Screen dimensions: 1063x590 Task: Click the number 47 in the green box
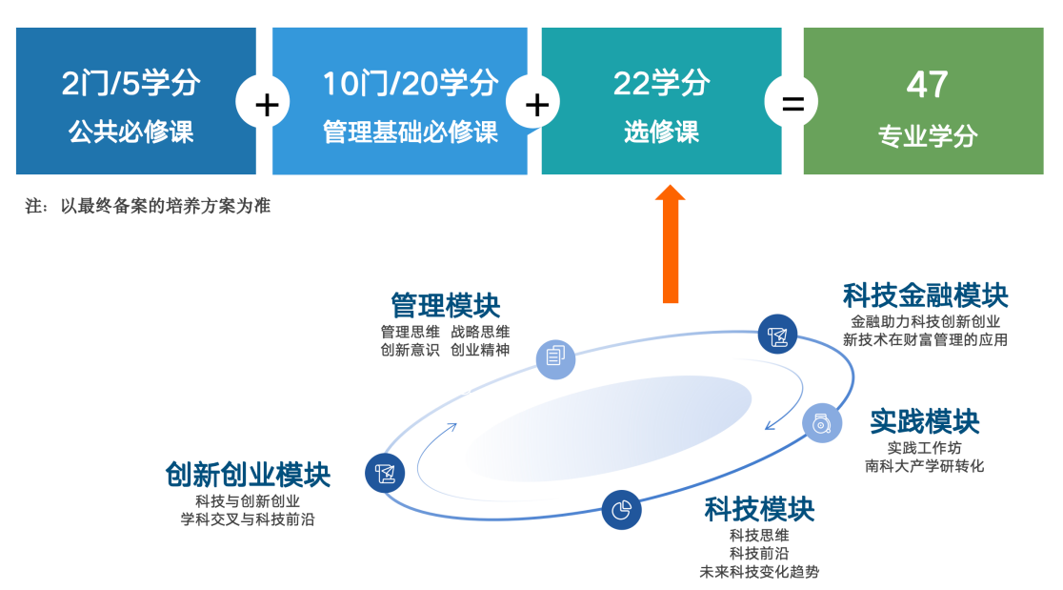click(x=927, y=85)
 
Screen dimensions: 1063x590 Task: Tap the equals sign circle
click(x=792, y=102)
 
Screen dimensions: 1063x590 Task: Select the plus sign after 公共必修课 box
click(x=266, y=103)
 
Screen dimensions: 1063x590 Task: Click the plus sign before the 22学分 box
click(x=536, y=103)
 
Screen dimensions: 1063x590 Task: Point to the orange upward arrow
click(x=671, y=244)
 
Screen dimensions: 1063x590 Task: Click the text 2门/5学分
click(x=130, y=84)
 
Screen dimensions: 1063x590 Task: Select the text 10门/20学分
click(x=411, y=84)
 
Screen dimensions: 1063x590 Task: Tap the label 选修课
click(x=661, y=132)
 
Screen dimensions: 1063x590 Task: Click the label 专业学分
click(x=928, y=136)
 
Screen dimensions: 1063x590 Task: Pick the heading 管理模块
click(x=446, y=306)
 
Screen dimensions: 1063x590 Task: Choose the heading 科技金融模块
click(x=926, y=296)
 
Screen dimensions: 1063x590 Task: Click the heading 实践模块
click(x=925, y=422)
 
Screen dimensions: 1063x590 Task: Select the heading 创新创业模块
click(x=248, y=475)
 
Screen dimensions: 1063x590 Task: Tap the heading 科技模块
click(x=759, y=509)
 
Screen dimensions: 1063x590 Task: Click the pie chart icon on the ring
click(x=621, y=510)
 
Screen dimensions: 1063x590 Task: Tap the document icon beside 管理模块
click(x=556, y=358)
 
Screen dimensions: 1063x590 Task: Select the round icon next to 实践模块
click(x=822, y=424)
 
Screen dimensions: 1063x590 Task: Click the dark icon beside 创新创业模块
click(x=385, y=474)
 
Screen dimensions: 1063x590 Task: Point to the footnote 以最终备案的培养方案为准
click(x=166, y=206)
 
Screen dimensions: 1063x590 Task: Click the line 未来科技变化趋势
click(x=759, y=572)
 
